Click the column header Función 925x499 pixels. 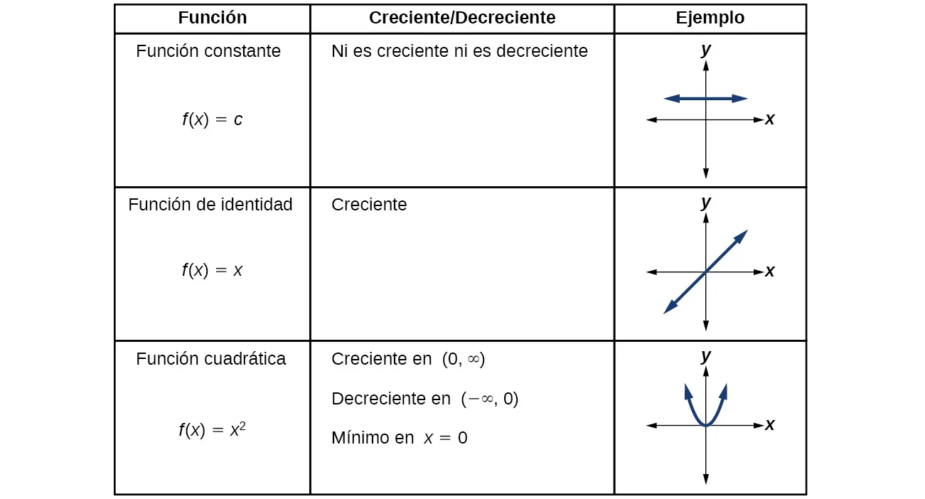point(212,18)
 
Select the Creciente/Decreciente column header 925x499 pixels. point(462,18)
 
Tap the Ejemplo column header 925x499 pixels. point(710,18)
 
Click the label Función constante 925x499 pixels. point(208,51)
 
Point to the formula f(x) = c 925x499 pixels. point(212,119)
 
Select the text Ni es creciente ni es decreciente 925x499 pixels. point(459,51)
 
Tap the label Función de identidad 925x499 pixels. point(210,205)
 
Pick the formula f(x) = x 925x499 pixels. point(212,270)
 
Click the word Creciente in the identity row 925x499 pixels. point(369,205)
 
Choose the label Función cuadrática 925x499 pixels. point(210,359)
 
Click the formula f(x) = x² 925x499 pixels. point(212,430)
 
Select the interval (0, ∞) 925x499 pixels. point(463,360)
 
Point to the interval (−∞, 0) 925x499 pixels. point(489,399)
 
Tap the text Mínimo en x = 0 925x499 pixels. point(399,438)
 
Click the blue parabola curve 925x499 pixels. point(692,409)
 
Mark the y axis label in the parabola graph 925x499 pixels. point(705,356)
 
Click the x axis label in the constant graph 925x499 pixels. point(769,119)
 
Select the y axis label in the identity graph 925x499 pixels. point(705,203)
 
